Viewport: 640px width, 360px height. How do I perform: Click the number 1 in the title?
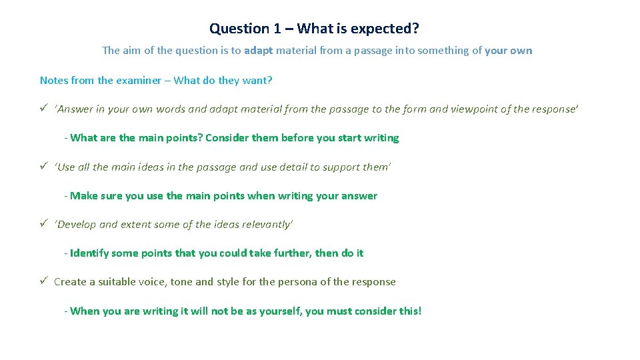(x=276, y=29)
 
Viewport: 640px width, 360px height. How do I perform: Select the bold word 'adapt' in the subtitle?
(x=259, y=51)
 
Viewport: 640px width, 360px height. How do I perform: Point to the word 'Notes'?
(x=53, y=81)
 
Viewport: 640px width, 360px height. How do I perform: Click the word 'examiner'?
(x=143, y=81)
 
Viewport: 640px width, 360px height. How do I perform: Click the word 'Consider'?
(x=226, y=138)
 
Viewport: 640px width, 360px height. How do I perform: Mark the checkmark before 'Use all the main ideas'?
(x=43, y=167)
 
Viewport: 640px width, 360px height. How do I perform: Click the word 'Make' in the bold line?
(x=83, y=196)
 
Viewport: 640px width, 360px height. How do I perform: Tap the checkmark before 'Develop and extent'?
(x=43, y=224)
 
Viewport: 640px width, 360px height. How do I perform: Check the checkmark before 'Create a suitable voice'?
(x=43, y=281)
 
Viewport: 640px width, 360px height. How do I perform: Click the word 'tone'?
(x=181, y=282)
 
